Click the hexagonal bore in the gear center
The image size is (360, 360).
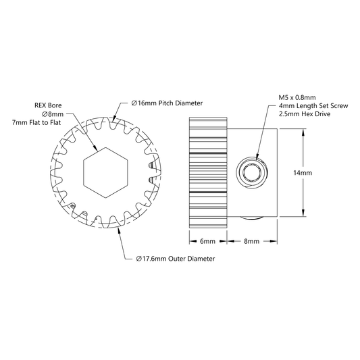click(105, 173)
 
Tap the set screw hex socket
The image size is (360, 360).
click(251, 172)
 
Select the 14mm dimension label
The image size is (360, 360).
click(303, 173)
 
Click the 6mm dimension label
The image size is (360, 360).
click(207, 241)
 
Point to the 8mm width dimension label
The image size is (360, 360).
click(251, 241)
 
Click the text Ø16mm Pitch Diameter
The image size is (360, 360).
click(167, 103)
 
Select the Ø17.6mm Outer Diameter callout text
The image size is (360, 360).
click(176, 259)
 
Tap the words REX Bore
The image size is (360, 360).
click(48, 105)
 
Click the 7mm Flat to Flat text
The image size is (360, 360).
click(36, 123)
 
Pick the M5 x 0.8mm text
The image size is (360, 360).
click(297, 97)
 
